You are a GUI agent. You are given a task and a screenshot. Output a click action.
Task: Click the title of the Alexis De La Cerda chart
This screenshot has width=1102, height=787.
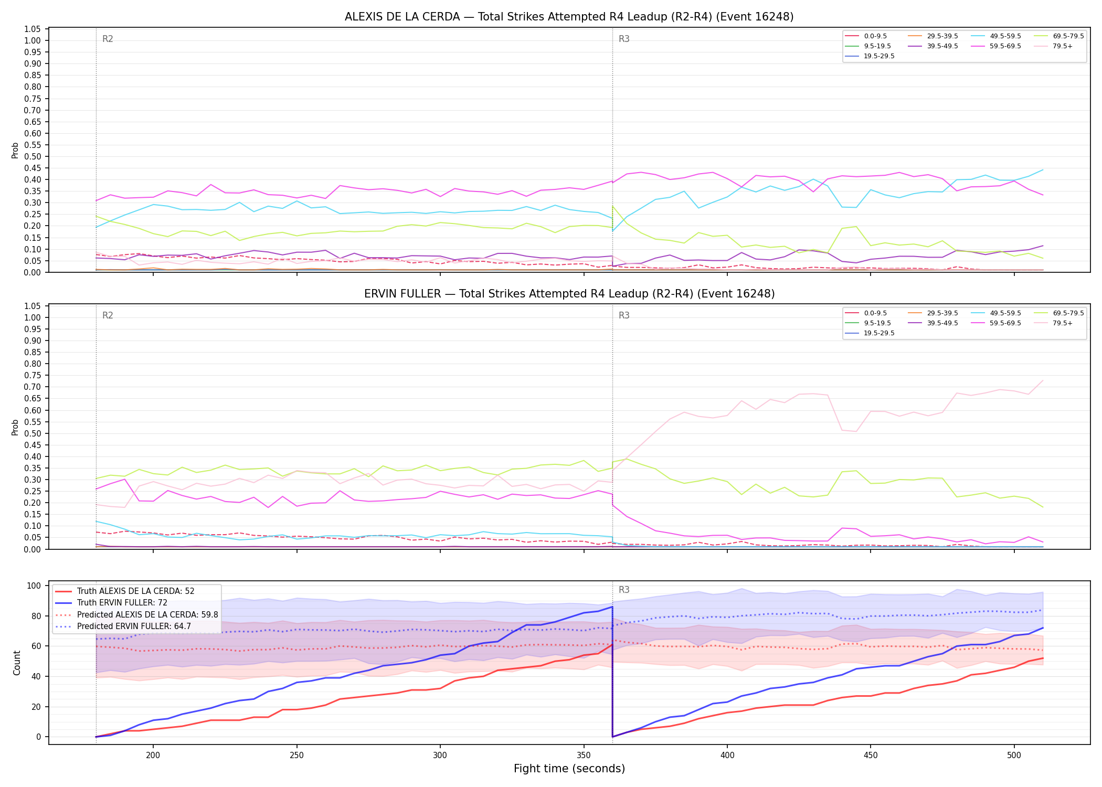[569, 17]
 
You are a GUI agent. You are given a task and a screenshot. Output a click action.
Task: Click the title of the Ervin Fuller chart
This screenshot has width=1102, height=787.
[569, 294]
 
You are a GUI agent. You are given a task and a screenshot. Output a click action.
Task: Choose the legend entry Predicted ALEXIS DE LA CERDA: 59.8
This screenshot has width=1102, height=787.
[136, 614]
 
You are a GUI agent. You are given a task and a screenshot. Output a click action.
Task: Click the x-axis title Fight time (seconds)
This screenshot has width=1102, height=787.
[569, 769]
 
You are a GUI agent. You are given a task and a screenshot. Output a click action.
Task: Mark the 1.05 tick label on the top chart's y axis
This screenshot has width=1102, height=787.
[33, 29]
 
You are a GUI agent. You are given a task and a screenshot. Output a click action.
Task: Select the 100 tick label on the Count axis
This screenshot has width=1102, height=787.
[35, 586]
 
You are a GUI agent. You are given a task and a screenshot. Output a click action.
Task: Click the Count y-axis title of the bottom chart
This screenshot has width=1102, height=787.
[17, 663]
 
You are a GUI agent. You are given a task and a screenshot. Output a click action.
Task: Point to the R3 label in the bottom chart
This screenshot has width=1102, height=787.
[624, 590]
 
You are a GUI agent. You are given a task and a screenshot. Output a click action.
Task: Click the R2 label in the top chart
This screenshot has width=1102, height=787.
[108, 39]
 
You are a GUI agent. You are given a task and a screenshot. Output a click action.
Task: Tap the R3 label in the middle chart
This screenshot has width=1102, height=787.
[624, 315]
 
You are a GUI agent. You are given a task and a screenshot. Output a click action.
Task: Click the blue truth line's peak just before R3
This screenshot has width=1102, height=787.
[612, 607]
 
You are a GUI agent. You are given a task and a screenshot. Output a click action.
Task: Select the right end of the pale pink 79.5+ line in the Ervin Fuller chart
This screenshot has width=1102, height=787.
[1043, 380]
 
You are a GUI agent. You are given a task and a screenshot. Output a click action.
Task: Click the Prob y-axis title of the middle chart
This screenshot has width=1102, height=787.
[15, 427]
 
